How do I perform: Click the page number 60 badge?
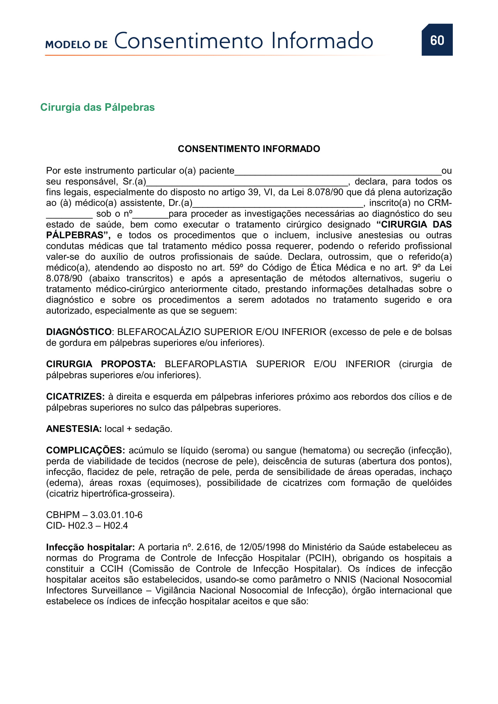click(x=437, y=40)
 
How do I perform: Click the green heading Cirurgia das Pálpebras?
click(x=97, y=107)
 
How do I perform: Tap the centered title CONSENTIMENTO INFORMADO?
click(x=249, y=149)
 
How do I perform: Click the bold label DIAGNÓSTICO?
click(x=79, y=332)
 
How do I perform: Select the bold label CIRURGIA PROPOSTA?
click(x=101, y=364)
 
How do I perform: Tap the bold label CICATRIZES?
click(x=75, y=396)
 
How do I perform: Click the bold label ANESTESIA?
click(x=73, y=429)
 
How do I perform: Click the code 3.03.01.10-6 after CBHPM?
click(x=116, y=515)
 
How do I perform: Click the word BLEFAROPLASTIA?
click(x=205, y=364)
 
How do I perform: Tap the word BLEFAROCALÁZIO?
click(x=159, y=332)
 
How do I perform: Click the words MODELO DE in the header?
click(x=76, y=45)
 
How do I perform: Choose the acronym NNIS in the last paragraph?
click(x=345, y=579)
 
